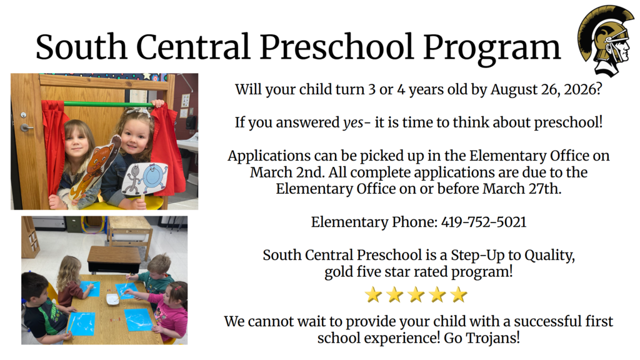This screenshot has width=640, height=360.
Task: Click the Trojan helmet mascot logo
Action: [x=605, y=39]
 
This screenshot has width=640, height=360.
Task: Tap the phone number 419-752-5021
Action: [x=484, y=222]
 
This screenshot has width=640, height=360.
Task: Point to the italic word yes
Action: [x=353, y=122]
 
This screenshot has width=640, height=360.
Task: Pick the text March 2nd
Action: [x=279, y=172]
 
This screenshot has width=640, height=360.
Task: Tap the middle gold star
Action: [x=416, y=294]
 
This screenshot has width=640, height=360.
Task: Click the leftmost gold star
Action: [x=373, y=294]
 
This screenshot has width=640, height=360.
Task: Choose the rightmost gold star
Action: [x=459, y=294]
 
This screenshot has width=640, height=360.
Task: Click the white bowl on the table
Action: [x=112, y=299]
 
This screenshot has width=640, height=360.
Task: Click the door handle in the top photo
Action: [x=26, y=127]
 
